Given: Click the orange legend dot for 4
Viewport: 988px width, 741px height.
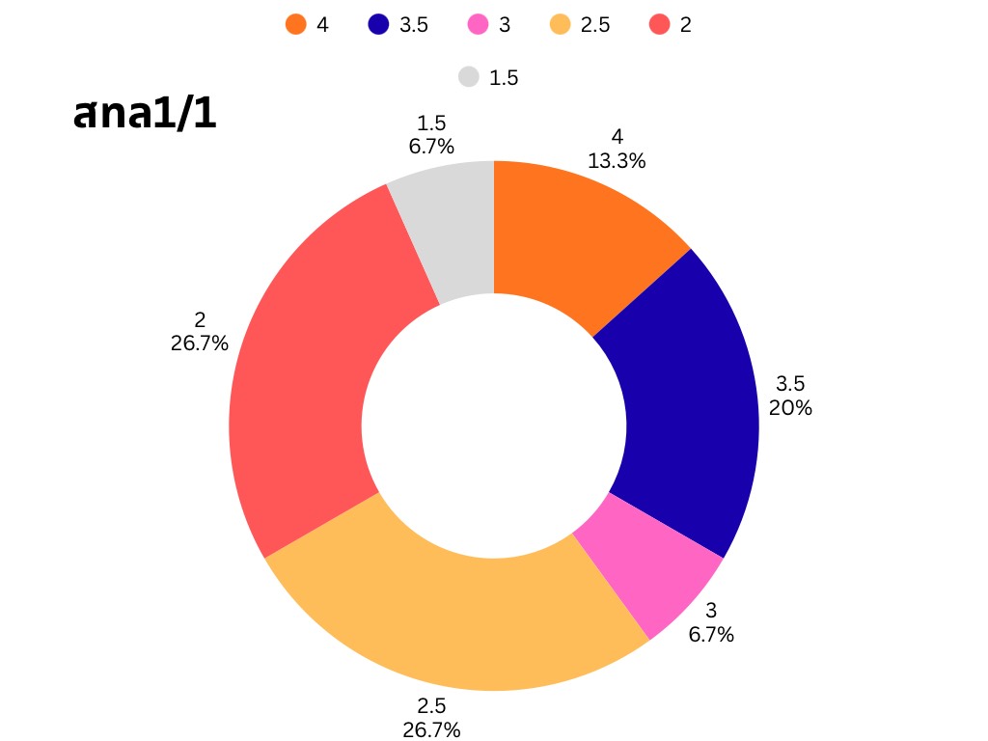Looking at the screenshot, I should pyautogui.click(x=296, y=25).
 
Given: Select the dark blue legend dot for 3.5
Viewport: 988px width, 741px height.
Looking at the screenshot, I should pyautogui.click(x=378, y=25).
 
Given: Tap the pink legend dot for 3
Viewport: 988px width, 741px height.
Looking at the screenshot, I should pyautogui.click(x=478, y=25).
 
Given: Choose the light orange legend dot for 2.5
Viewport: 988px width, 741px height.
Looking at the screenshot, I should pyautogui.click(x=560, y=25).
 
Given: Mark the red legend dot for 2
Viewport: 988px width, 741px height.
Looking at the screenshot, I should pyautogui.click(x=659, y=25).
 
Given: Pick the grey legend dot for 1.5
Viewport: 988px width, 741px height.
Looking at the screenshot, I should pyautogui.click(x=469, y=77).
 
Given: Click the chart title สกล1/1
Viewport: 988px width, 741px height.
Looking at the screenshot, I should pyautogui.click(x=145, y=114).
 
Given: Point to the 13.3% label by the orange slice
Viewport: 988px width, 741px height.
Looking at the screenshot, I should pyautogui.click(x=617, y=161).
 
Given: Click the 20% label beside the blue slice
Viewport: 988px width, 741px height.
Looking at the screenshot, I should pyautogui.click(x=790, y=407).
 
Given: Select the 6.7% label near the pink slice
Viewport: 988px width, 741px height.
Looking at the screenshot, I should pyautogui.click(x=711, y=634).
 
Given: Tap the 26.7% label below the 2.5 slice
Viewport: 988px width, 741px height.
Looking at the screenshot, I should pyautogui.click(x=431, y=728).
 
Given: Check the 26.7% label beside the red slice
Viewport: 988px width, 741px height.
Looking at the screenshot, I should pyautogui.click(x=200, y=343).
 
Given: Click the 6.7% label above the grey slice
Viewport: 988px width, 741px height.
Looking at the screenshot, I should pyautogui.click(x=431, y=146).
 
